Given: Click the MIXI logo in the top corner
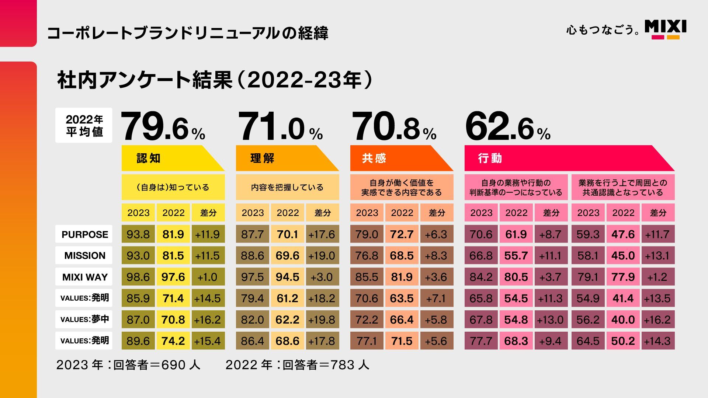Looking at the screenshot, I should click(665, 29).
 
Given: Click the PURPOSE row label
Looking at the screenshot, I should click(84, 234).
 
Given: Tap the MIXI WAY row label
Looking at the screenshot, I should click(84, 277).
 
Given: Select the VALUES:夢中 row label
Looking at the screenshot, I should click(84, 319).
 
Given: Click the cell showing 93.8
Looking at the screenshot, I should click(138, 234).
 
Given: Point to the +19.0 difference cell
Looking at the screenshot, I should click(322, 256).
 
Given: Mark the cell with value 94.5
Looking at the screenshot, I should click(287, 277).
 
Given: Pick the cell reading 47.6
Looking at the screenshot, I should click(623, 234).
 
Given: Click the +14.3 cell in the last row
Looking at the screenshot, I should click(657, 341).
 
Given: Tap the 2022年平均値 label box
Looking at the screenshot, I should click(84, 125).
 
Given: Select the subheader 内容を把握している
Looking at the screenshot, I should click(287, 188).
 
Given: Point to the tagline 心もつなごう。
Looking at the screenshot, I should click(603, 30).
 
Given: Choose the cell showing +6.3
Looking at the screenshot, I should click(437, 234).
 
